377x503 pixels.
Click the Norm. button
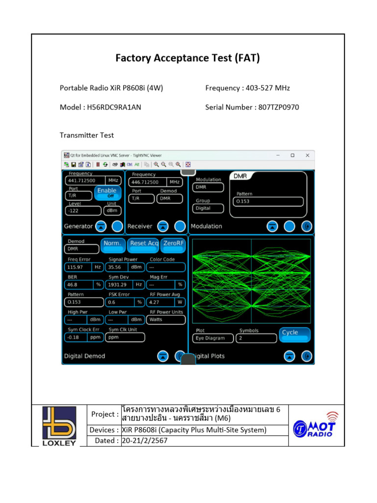coord(112,244)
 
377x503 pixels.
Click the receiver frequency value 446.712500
coord(147,182)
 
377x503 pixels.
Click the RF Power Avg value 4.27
coord(159,302)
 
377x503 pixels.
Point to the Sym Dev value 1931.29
coord(119,284)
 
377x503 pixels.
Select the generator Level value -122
coord(78,210)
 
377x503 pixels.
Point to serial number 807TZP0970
coord(279,107)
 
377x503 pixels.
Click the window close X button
coord(308,155)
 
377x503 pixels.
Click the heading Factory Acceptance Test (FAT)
coord(188,58)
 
